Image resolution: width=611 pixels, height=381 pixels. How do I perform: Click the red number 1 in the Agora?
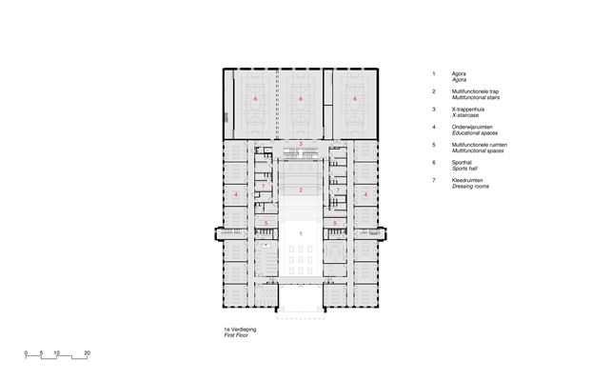point(301,233)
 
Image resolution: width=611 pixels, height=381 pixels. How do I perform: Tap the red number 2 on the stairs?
point(301,190)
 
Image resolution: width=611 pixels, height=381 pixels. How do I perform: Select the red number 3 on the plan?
point(301,144)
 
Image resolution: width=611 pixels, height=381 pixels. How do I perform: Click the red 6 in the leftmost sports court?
point(256,99)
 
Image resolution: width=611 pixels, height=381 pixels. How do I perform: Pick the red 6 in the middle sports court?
point(301,99)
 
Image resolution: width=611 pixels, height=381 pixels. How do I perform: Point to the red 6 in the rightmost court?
point(355,99)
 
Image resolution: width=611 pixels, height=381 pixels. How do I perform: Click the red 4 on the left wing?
point(236,194)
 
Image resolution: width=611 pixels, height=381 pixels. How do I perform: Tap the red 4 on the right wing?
point(365,194)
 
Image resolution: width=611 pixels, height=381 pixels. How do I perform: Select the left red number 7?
point(263,186)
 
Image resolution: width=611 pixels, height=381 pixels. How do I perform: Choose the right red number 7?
point(338,190)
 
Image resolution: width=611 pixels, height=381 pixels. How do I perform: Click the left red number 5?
point(266,224)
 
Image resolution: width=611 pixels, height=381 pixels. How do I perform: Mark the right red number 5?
point(335,224)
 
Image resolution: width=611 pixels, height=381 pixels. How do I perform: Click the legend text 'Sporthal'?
point(462,162)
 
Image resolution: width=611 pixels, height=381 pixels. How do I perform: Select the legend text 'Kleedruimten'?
point(467,180)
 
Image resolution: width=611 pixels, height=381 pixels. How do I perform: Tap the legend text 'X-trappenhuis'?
point(468,110)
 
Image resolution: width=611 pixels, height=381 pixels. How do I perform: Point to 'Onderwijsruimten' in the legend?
point(472,127)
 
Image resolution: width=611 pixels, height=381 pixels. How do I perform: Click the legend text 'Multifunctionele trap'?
point(476,91)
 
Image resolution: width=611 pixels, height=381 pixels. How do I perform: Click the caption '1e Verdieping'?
point(240,330)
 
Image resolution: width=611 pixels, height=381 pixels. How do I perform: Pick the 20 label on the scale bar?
point(87,353)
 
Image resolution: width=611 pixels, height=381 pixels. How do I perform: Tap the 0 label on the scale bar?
point(26,353)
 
